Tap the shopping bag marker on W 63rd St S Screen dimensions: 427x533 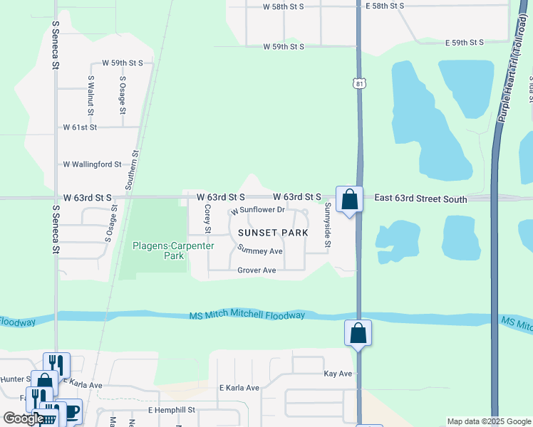click(x=349, y=199)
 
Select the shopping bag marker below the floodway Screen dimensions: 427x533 click(x=358, y=333)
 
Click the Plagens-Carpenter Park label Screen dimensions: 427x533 click(x=173, y=251)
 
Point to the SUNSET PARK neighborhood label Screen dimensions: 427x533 click(x=273, y=233)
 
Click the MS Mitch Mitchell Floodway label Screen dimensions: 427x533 click(x=247, y=315)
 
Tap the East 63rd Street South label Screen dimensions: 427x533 click(x=420, y=200)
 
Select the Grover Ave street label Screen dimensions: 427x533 click(x=257, y=270)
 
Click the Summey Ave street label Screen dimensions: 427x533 click(x=261, y=251)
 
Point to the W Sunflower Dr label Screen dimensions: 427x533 click(x=257, y=210)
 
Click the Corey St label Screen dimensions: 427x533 click(x=207, y=219)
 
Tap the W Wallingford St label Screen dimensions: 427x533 click(x=93, y=164)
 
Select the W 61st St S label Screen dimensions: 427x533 click(x=90, y=127)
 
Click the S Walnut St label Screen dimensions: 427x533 click(x=90, y=95)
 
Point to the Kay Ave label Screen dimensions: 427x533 click(x=338, y=374)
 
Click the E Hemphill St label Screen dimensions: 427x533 click(x=171, y=411)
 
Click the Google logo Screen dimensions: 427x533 click(x=24, y=418)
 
